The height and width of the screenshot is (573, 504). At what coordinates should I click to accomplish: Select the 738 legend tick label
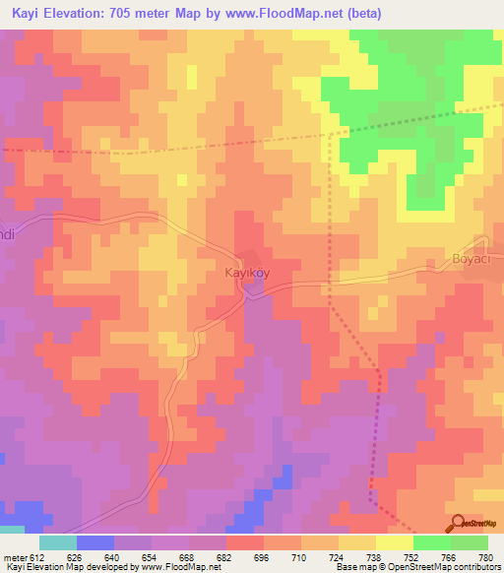click(x=376, y=557)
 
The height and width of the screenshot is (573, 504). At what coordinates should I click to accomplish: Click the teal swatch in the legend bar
click(x=58, y=542)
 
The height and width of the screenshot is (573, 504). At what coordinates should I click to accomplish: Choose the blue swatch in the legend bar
click(x=95, y=542)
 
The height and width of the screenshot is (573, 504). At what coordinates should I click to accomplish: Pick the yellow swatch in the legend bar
click(x=394, y=542)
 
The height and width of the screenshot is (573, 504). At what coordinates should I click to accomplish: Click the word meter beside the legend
click(x=14, y=557)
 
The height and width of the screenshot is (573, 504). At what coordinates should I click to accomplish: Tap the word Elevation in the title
click(x=77, y=14)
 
